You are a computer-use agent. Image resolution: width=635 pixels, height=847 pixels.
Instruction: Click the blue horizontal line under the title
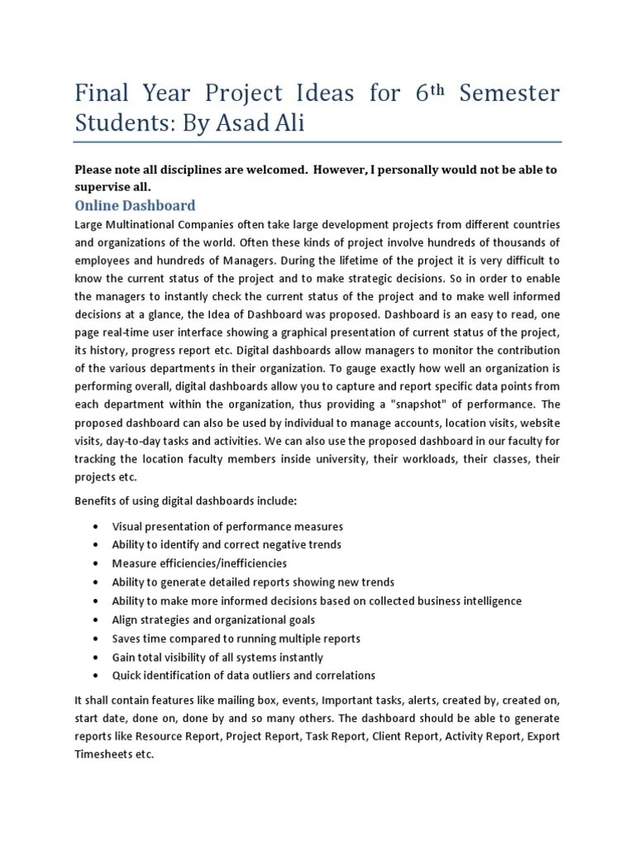317,141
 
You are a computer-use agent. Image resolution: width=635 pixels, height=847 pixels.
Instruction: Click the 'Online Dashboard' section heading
135,205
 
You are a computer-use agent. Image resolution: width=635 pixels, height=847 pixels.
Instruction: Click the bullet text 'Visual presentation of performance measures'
227,527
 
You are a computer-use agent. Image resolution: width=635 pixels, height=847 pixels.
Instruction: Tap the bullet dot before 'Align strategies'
98,620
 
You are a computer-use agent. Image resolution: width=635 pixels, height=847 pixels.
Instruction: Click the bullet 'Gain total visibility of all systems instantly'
217,657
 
